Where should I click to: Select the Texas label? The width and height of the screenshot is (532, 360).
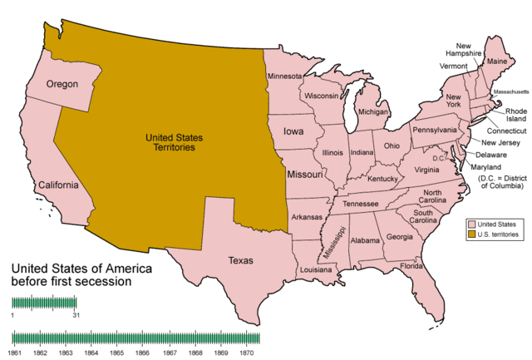coord(240,261)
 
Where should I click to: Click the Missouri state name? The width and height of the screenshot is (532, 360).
coord(305,175)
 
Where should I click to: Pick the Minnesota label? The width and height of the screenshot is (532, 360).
coord(285,76)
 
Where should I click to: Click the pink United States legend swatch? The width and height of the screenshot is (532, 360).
coord(471,225)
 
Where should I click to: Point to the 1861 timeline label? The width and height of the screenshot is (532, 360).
coord(14,353)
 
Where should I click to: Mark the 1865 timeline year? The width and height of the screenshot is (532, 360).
coord(117,353)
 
